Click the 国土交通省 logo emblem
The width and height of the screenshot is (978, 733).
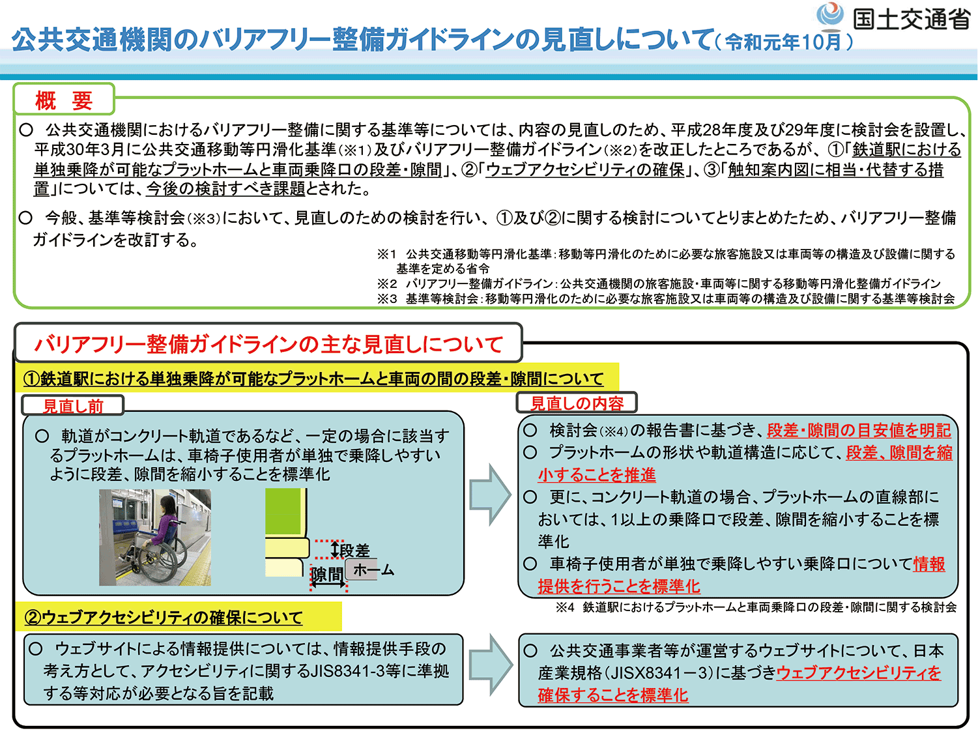829,16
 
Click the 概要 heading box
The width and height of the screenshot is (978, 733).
64,100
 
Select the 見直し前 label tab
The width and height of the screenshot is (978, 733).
73,406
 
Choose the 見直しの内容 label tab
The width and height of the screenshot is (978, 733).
577,403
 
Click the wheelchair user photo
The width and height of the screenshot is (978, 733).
155,537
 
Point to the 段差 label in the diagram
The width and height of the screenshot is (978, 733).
354,551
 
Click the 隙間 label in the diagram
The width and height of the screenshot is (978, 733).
326,574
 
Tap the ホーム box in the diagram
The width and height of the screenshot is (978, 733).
372,570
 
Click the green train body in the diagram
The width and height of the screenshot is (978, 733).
284,512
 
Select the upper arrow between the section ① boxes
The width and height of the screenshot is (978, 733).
491,494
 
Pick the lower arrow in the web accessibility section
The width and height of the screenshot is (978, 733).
491,664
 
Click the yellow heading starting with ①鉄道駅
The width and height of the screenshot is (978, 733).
313,379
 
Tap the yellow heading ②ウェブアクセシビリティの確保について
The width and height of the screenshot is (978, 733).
164,617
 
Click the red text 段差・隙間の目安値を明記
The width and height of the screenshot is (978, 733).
859,430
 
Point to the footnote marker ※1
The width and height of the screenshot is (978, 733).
386,254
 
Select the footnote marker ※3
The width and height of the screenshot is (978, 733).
386,298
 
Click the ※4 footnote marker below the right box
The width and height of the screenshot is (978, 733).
564,607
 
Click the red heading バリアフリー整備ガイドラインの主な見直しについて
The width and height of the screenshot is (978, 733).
268,344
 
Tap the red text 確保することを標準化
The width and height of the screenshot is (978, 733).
612,695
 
